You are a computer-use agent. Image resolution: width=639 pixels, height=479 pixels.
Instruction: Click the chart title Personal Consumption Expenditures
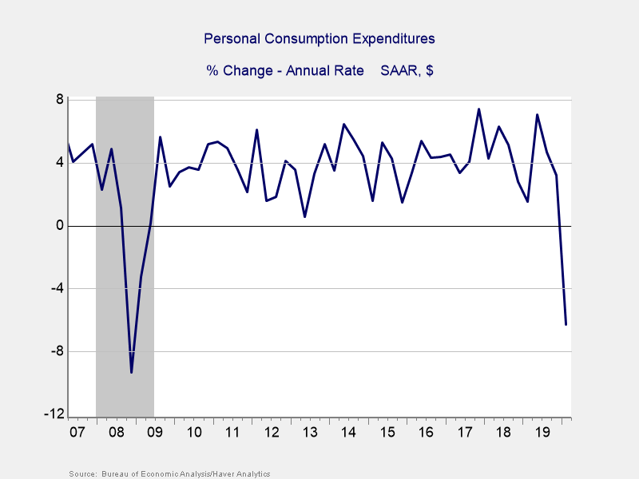point(319,38)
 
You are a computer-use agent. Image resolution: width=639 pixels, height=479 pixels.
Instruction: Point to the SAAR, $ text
point(407,70)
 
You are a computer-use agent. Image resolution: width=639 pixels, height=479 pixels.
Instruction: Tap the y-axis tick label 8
point(59,100)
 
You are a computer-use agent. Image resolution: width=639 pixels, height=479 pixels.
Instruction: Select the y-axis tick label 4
point(59,163)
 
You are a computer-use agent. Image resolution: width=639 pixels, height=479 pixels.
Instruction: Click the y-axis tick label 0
point(59,226)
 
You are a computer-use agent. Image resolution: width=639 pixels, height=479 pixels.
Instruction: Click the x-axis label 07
point(77,433)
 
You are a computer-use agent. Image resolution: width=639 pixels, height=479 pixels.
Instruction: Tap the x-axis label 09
point(154,433)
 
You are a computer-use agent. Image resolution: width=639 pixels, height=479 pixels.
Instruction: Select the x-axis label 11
point(232,433)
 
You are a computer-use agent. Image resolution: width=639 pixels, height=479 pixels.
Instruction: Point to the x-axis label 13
point(309,433)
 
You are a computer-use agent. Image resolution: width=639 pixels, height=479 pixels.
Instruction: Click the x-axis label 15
point(387,433)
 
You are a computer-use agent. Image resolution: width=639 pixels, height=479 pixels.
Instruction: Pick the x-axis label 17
point(464,433)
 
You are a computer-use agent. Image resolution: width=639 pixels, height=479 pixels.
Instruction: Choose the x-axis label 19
point(542,433)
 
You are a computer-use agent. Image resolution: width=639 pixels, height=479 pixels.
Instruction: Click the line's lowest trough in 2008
point(131,372)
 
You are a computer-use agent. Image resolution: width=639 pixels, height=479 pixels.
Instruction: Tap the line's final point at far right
point(566,324)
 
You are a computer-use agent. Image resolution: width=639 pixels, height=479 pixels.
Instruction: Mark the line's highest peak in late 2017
point(478,109)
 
